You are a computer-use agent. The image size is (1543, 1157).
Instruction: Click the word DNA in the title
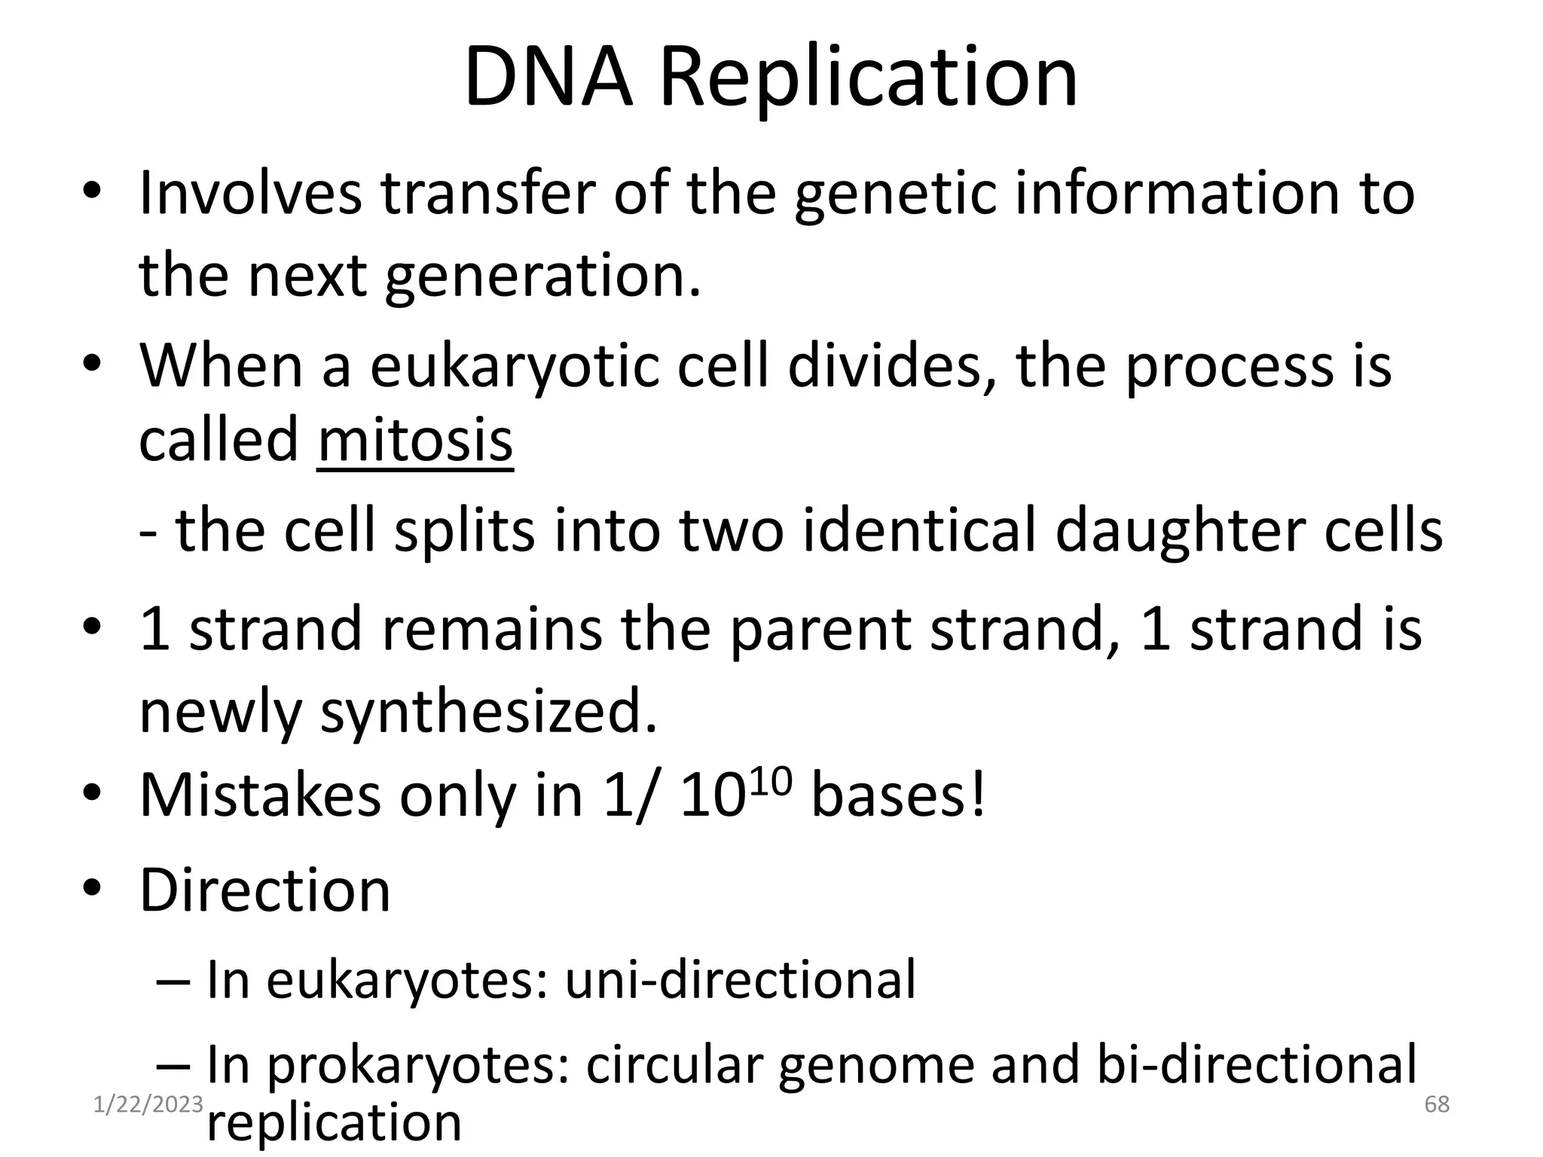548,78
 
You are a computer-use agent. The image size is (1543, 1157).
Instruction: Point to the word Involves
250,194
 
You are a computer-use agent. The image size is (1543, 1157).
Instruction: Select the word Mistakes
260,795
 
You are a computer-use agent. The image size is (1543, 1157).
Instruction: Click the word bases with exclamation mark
898,795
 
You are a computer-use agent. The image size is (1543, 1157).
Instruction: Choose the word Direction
264,890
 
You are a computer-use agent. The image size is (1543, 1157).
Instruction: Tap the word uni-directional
740,980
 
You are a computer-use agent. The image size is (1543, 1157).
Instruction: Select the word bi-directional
1257,1064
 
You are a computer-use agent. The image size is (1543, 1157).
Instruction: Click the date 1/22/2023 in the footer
148,1104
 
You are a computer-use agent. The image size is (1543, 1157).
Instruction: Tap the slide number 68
1437,1104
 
